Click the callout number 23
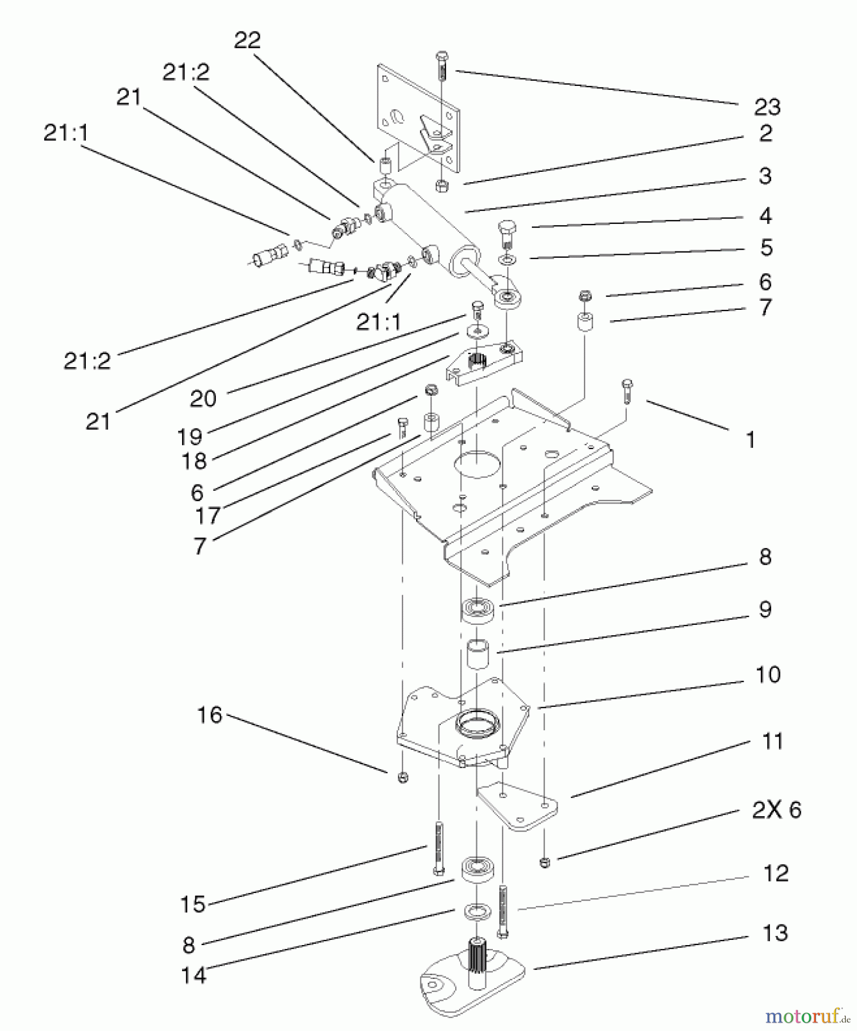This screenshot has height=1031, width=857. (x=767, y=107)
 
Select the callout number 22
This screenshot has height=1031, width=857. (x=247, y=40)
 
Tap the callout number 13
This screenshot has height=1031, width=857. (x=775, y=933)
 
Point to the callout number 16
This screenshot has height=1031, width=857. (x=210, y=715)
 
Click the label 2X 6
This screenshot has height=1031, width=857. (x=776, y=810)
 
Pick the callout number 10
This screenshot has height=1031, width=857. (x=768, y=675)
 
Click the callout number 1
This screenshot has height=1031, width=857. (x=750, y=440)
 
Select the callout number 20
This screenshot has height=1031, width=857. (x=203, y=399)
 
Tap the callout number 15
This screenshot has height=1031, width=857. (x=193, y=904)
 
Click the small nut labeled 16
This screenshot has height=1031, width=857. (x=402, y=777)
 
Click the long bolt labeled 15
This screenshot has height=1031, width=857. (x=439, y=848)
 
